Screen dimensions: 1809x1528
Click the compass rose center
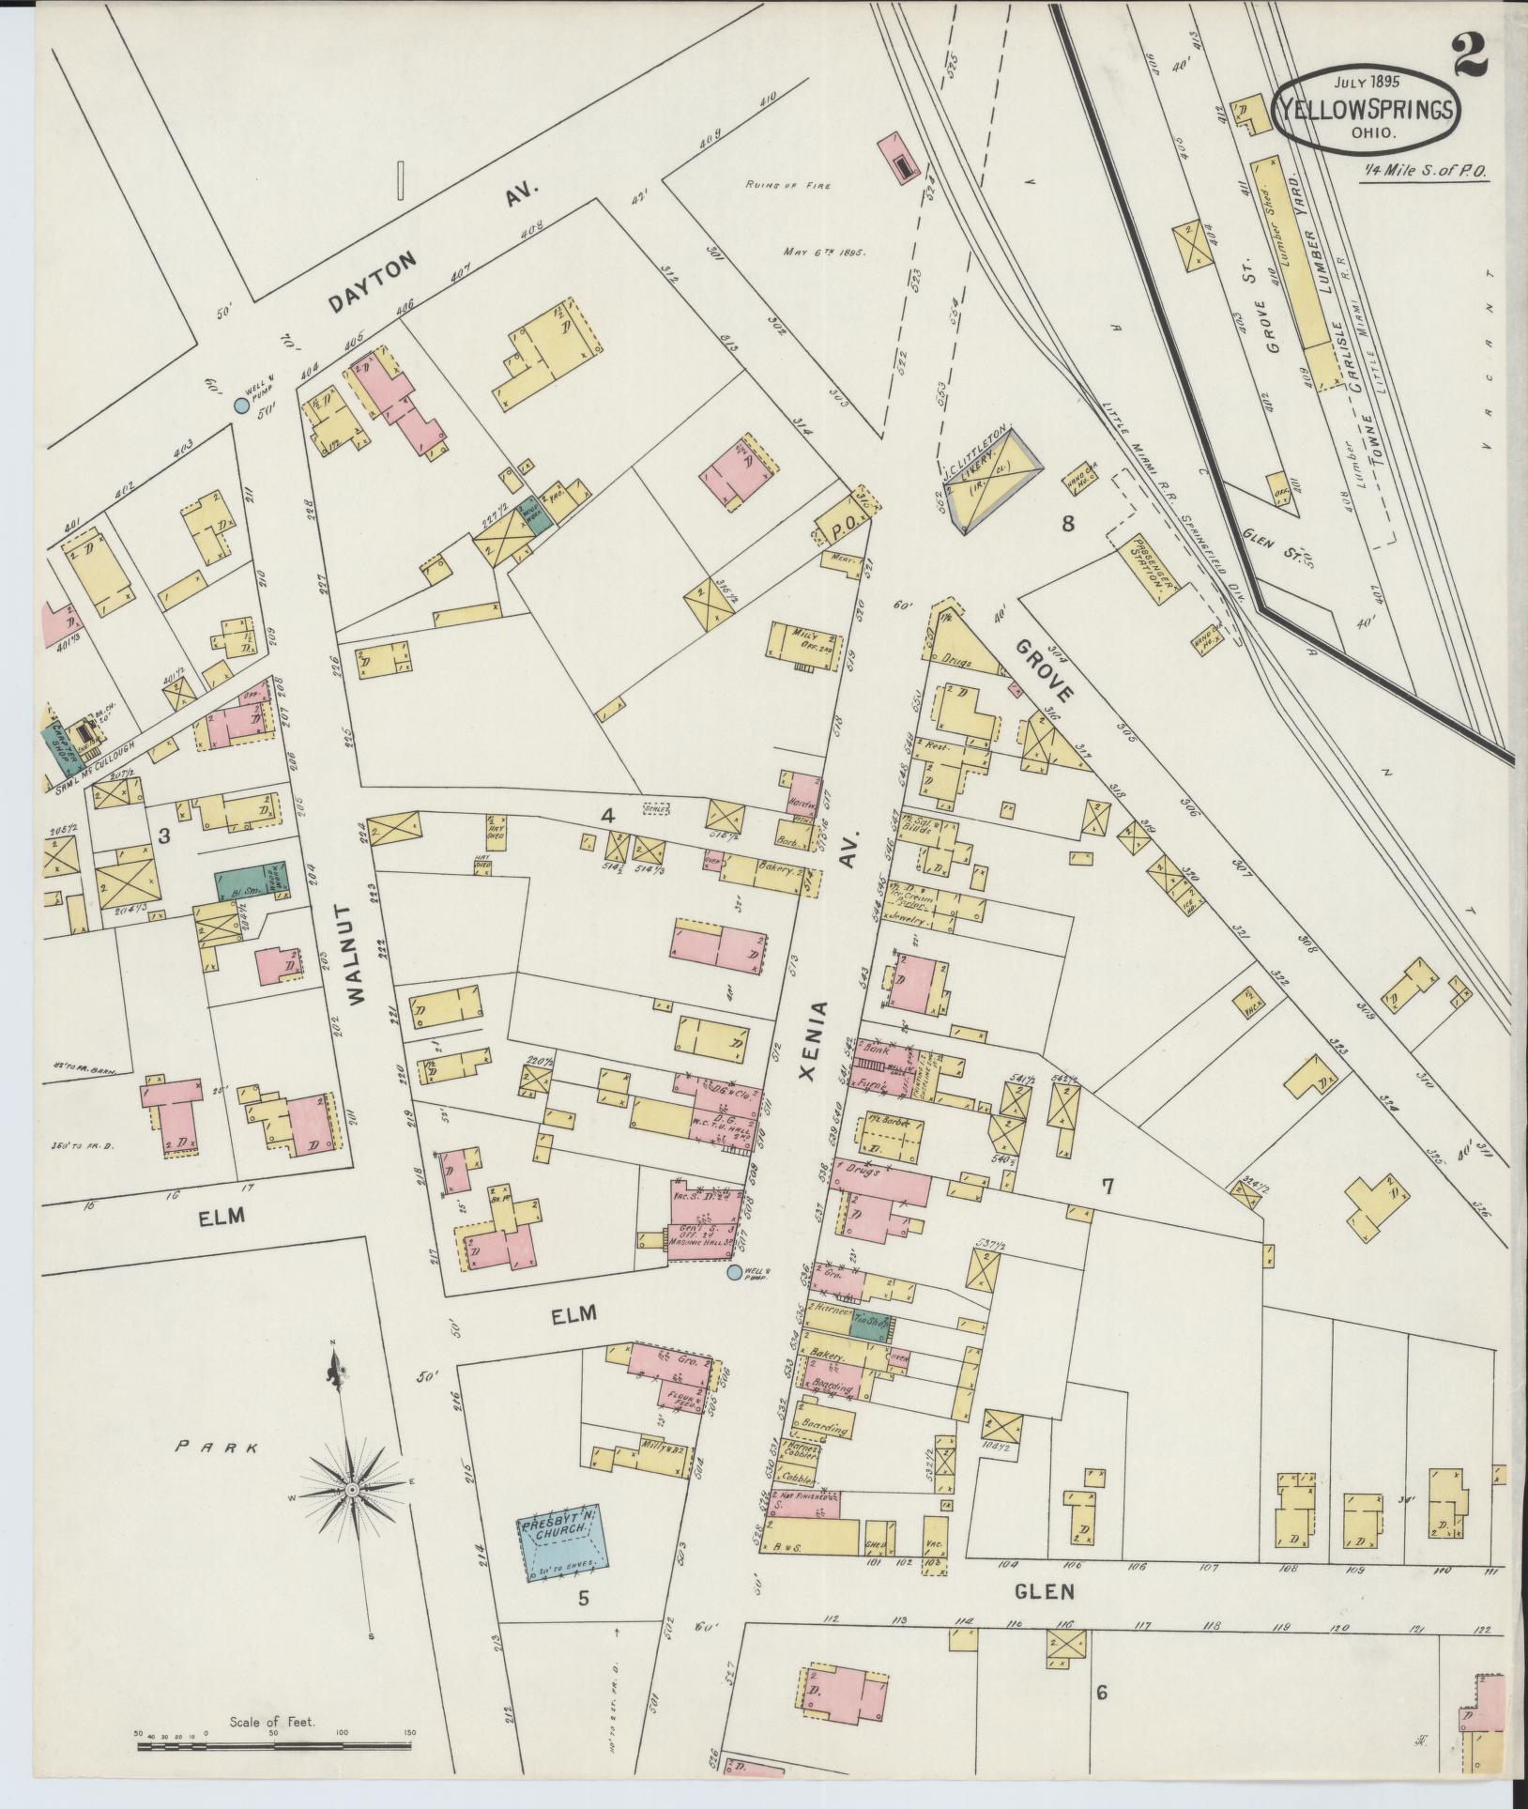(x=351, y=1491)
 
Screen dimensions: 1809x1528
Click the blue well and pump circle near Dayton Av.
(x=241, y=405)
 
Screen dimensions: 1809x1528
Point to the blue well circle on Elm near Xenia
(x=734, y=1273)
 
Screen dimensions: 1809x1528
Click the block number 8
(x=1068, y=524)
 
